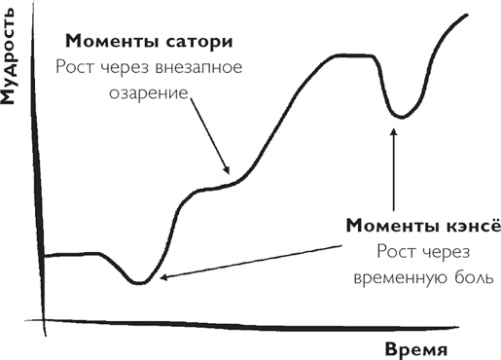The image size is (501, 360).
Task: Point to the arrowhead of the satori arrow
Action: click(229, 171)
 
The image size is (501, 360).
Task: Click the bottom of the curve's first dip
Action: click(139, 282)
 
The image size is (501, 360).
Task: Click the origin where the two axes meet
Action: click(44, 320)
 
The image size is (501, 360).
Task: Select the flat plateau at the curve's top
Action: click(346, 56)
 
